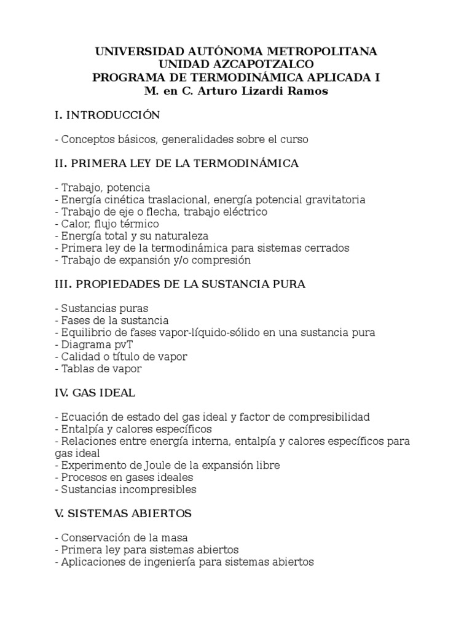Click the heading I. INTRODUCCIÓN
tap(107, 115)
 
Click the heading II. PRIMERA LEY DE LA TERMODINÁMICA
tap(176, 163)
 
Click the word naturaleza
tap(181, 236)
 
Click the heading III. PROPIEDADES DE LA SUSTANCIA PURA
tap(180, 284)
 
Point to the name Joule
tap(143, 465)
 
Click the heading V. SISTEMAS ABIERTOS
tap(123, 514)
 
